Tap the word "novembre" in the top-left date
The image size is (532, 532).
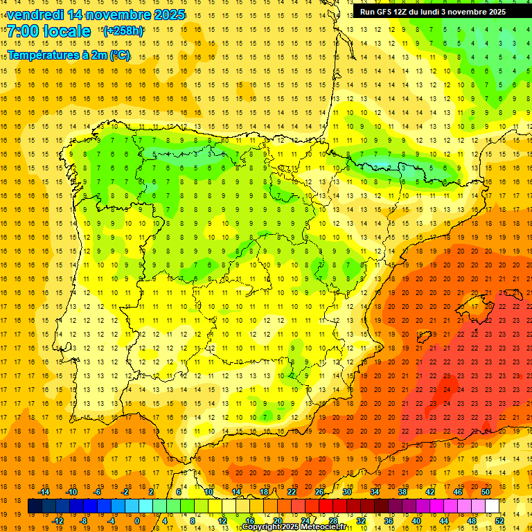[118, 15]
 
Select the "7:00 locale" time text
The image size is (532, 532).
[48, 31]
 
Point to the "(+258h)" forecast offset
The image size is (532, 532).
[123, 31]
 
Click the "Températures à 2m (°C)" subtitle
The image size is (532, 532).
[69, 55]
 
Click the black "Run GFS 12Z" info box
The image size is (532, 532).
[441, 12]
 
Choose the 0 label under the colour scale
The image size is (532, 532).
[137, 521]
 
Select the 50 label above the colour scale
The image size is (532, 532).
[485, 492]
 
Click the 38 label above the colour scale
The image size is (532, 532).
[402, 492]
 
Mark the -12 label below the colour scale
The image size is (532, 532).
[58, 521]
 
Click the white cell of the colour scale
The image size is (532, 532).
[493, 506]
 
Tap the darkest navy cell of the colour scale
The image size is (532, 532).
[35, 506]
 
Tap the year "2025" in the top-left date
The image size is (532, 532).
[166, 15]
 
